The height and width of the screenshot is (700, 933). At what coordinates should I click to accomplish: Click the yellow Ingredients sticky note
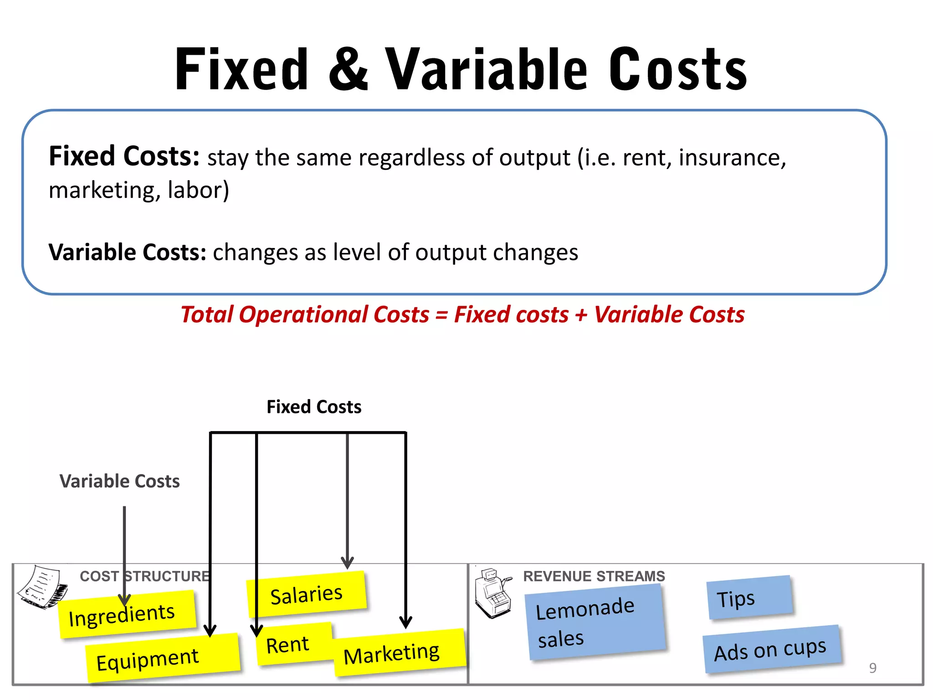point(127,614)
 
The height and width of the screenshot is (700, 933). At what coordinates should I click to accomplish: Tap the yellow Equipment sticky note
point(162,658)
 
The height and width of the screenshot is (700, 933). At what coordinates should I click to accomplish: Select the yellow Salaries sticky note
point(306,594)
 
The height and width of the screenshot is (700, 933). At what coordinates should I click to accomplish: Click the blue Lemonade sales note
point(595,622)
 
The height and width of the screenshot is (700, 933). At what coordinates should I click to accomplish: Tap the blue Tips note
point(749,597)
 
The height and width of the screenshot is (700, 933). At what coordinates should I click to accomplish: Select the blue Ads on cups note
point(771,649)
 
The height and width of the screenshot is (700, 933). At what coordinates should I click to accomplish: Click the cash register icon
point(492,592)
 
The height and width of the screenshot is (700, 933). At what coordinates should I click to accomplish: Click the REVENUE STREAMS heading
point(594,576)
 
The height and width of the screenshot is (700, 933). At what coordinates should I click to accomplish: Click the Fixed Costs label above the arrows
point(314,407)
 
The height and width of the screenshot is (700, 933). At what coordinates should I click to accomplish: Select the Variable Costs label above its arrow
point(119,481)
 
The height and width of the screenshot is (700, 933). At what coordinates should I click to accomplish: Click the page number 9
point(872,668)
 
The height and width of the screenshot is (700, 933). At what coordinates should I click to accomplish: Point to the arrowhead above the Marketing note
point(405,622)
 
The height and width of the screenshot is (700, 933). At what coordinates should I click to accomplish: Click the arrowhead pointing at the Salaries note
point(347,563)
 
